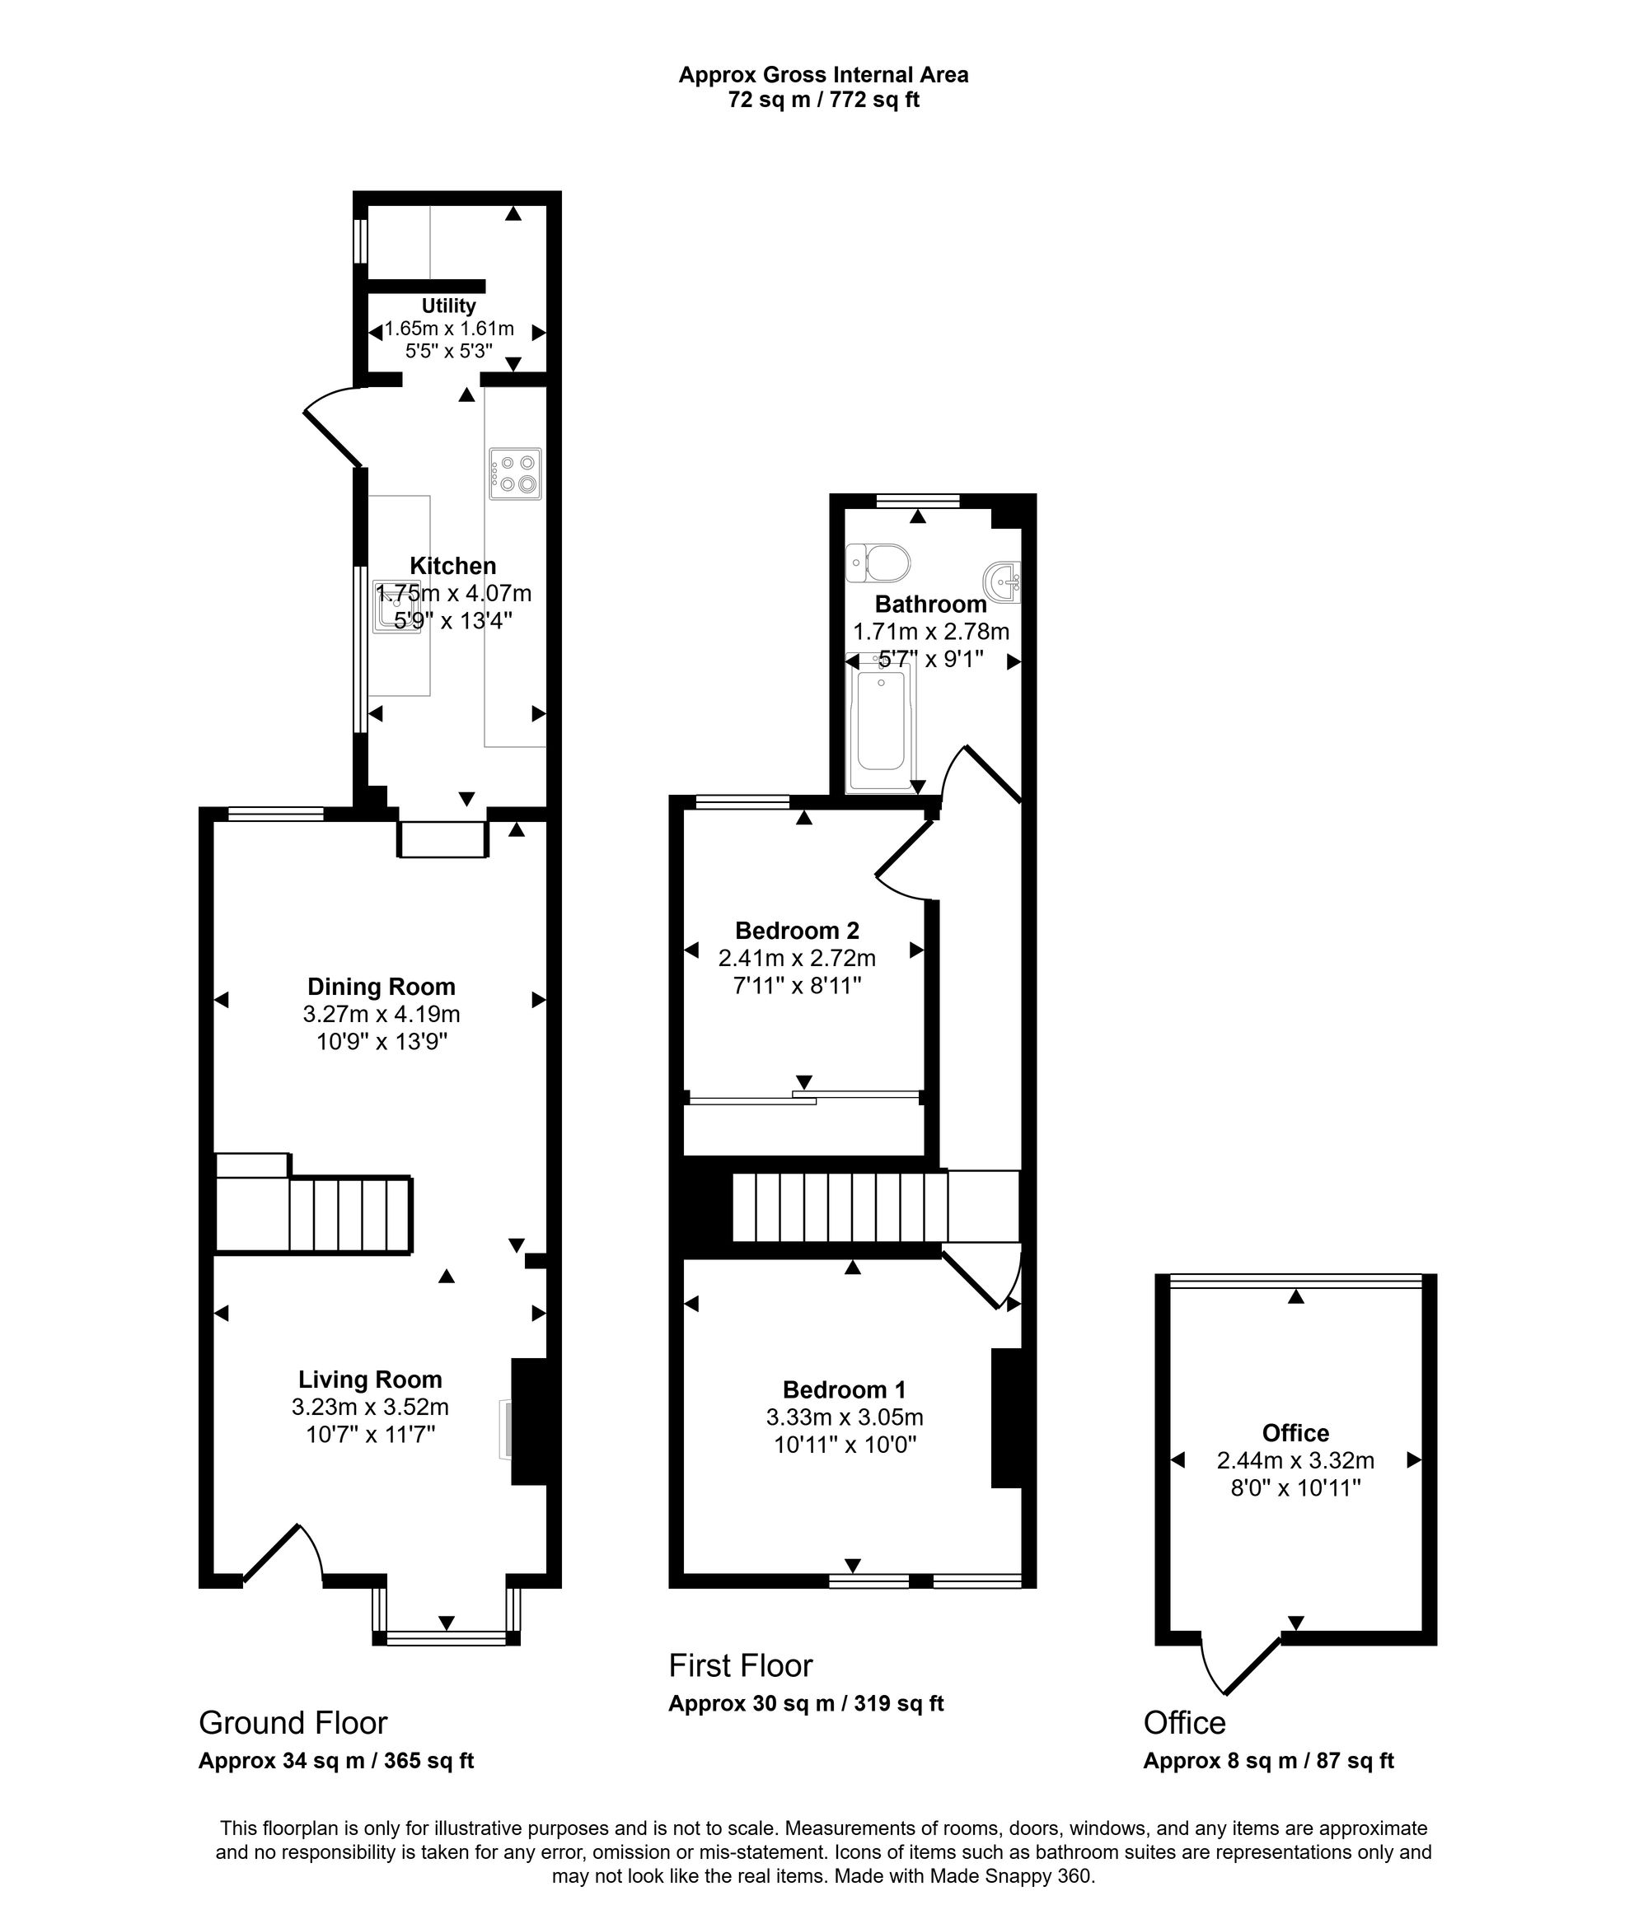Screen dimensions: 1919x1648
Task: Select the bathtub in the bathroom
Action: tap(881, 721)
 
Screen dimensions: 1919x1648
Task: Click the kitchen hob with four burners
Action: tap(515, 474)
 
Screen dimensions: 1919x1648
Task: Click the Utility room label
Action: tap(448, 306)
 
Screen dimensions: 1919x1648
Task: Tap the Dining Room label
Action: tap(381, 987)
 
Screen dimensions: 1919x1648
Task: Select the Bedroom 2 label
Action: tap(797, 930)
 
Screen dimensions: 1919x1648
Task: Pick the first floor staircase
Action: tap(838, 1207)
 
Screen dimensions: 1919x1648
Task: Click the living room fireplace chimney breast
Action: tap(529, 1422)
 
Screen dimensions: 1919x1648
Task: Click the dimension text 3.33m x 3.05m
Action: tap(844, 1417)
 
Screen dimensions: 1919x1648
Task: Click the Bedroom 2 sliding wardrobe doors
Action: tap(803, 1098)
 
